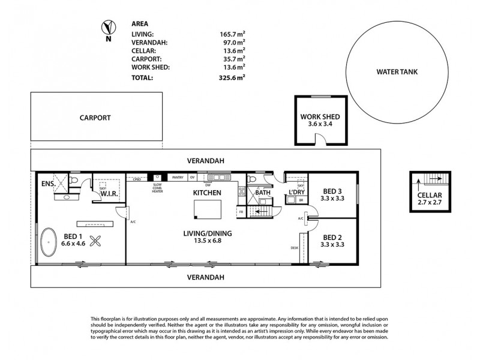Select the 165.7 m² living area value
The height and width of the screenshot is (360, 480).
(233, 35)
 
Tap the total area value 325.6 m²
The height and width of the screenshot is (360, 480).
(233, 77)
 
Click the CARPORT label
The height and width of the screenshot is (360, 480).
(95, 118)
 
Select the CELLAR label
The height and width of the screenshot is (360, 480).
(430, 196)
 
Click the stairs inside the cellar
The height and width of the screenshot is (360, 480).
(434, 179)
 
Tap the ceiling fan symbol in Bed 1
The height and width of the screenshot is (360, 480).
(95, 241)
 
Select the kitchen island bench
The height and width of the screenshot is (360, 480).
(206, 209)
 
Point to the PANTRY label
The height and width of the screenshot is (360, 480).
(178, 178)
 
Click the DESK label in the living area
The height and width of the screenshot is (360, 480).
(294, 247)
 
